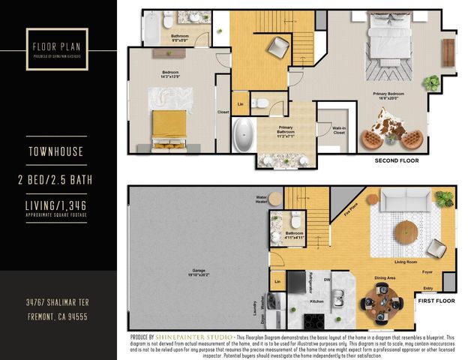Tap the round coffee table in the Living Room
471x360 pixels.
click(406, 229)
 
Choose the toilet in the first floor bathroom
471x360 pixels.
click(295, 219)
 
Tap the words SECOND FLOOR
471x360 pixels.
click(397, 160)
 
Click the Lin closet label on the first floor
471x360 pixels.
click(277, 281)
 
